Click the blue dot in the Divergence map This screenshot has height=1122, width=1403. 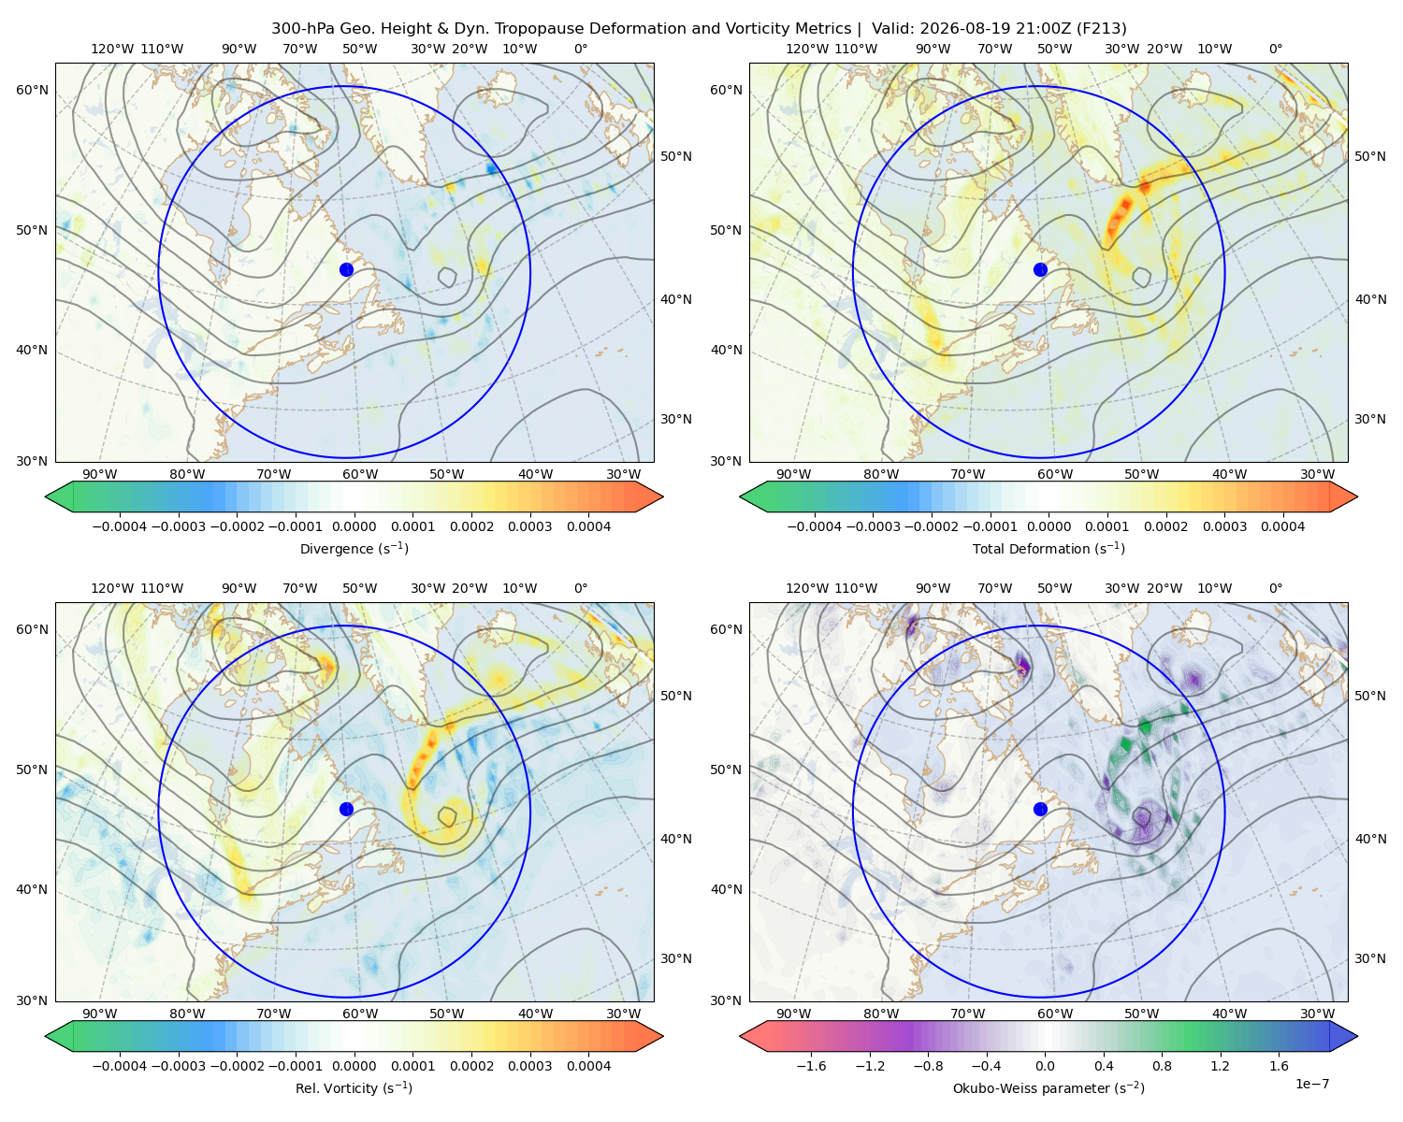point(346,270)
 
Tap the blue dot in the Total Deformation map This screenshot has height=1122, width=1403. point(1040,270)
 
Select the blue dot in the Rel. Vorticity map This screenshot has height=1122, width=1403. point(346,809)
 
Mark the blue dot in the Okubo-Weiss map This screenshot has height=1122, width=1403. point(1040,809)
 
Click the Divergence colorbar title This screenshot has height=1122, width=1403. point(354,549)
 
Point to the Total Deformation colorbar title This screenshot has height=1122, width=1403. point(1049,549)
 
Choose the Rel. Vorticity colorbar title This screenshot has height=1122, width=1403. point(354,1088)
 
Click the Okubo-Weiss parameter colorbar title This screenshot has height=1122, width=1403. point(1049,1088)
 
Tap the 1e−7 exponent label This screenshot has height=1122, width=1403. point(1311,1085)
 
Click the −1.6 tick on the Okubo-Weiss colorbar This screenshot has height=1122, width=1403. point(811,1066)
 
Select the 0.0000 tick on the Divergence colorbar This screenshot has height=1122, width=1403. point(354,526)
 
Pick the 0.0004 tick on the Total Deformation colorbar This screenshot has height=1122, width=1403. point(1282,526)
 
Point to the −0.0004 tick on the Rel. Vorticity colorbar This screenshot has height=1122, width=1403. point(120,1066)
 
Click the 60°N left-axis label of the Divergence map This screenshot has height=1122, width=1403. point(32,90)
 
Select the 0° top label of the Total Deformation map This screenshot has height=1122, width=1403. point(1275,49)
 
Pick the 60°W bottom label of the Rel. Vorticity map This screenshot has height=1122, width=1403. point(360,1014)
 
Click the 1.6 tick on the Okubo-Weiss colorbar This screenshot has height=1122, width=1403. point(1279,1066)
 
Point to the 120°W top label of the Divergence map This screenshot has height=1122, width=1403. point(112,49)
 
